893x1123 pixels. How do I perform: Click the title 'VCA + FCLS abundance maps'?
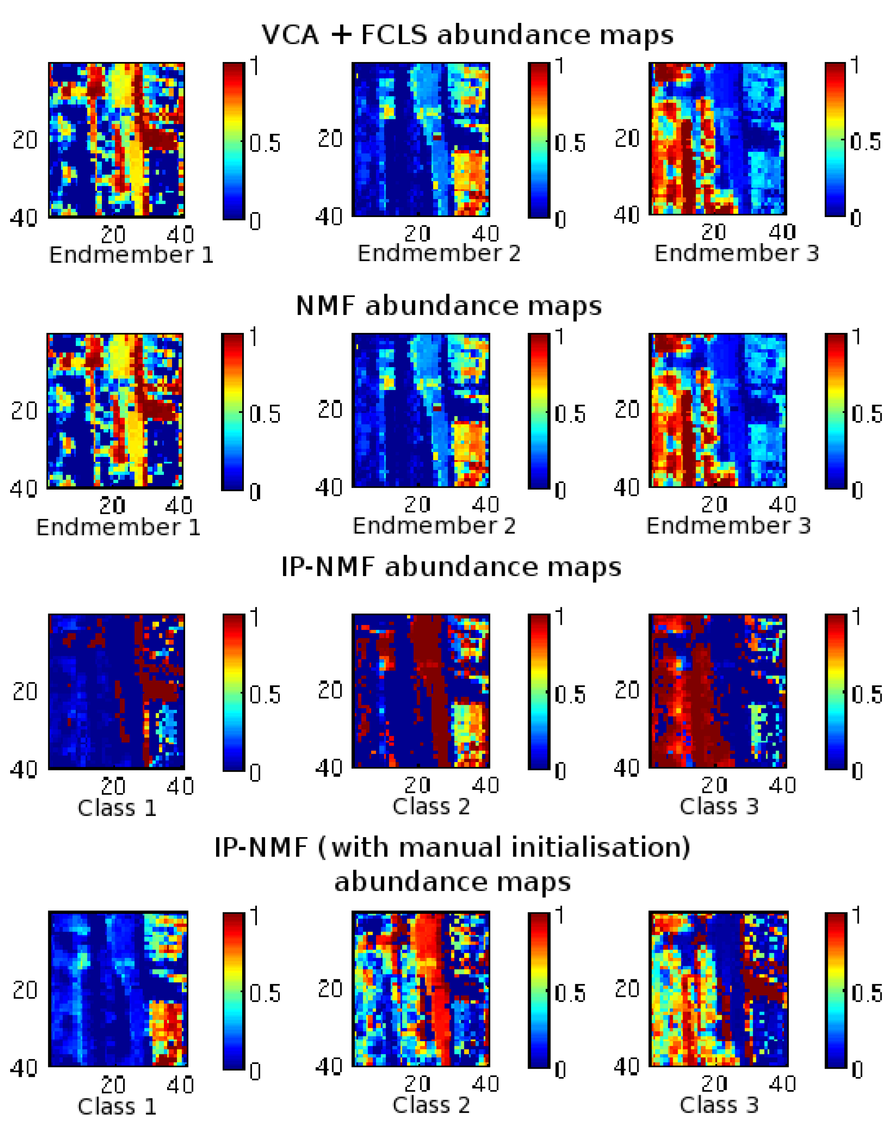pyautogui.click(x=467, y=35)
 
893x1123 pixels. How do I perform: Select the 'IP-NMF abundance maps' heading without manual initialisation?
pyautogui.click(x=451, y=566)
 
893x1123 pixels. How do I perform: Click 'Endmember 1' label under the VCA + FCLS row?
pyautogui.click(x=131, y=255)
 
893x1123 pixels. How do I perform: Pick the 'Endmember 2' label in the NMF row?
pyautogui.click(x=434, y=525)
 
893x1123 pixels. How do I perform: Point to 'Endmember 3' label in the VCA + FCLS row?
pyautogui.click(x=736, y=253)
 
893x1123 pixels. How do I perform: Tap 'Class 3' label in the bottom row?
pyautogui.click(x=719, y=1105)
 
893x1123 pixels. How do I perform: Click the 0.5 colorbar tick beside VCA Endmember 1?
pyautogui.click(x=265, y=143)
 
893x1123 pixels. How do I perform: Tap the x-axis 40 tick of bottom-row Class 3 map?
pyautogui.click(x=782, y=1084)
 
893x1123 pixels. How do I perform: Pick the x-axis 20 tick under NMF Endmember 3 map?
pyautogui.click(x=714, y=504)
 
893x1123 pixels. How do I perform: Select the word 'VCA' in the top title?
pyautogui.click(x=290, y=35)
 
